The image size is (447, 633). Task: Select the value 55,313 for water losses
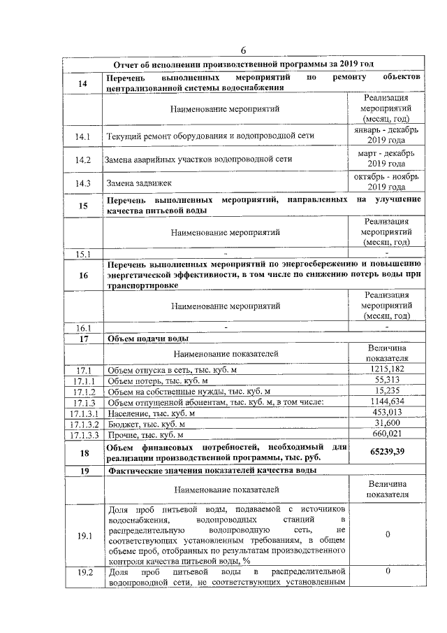point(386,380)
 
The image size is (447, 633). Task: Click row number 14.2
point(83,159)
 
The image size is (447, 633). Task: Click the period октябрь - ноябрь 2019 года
point(386,183)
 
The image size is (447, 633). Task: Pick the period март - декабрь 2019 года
point(386,159)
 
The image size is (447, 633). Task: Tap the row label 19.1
point(83,536)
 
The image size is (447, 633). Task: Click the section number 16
point(83,276)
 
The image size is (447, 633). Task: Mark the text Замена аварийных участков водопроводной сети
point(198,159)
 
